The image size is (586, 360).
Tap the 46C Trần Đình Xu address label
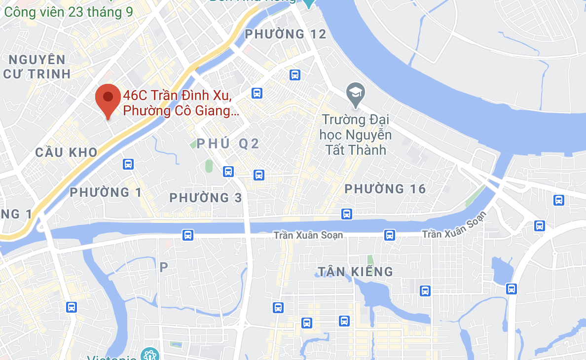[x=181, y=103]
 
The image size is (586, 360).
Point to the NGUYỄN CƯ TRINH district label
[x=37, y=67]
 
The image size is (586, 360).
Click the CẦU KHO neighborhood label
[x=67, y=152]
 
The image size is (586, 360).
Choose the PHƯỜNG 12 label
[x=286, y=34]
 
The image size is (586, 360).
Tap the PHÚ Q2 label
[x=228, y=144]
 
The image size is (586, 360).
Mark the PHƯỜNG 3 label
[x=206, y=198]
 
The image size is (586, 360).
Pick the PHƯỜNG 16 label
[x=385, y=189]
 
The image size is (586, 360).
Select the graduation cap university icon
[x=355, y=92]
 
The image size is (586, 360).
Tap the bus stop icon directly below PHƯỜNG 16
[x=347, y=214]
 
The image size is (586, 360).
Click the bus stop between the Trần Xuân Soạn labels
[x=390, y=235]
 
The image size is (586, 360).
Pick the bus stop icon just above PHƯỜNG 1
[x=128, y=164]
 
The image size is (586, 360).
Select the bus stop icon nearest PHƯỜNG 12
[x=295, y=75]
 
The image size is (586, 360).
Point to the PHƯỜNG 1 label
[x=106, y=192]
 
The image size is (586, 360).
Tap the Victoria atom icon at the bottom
[x=147, y=354]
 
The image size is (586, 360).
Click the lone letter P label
[x=164, y=267]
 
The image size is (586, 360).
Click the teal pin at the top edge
[x=308, y=3]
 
